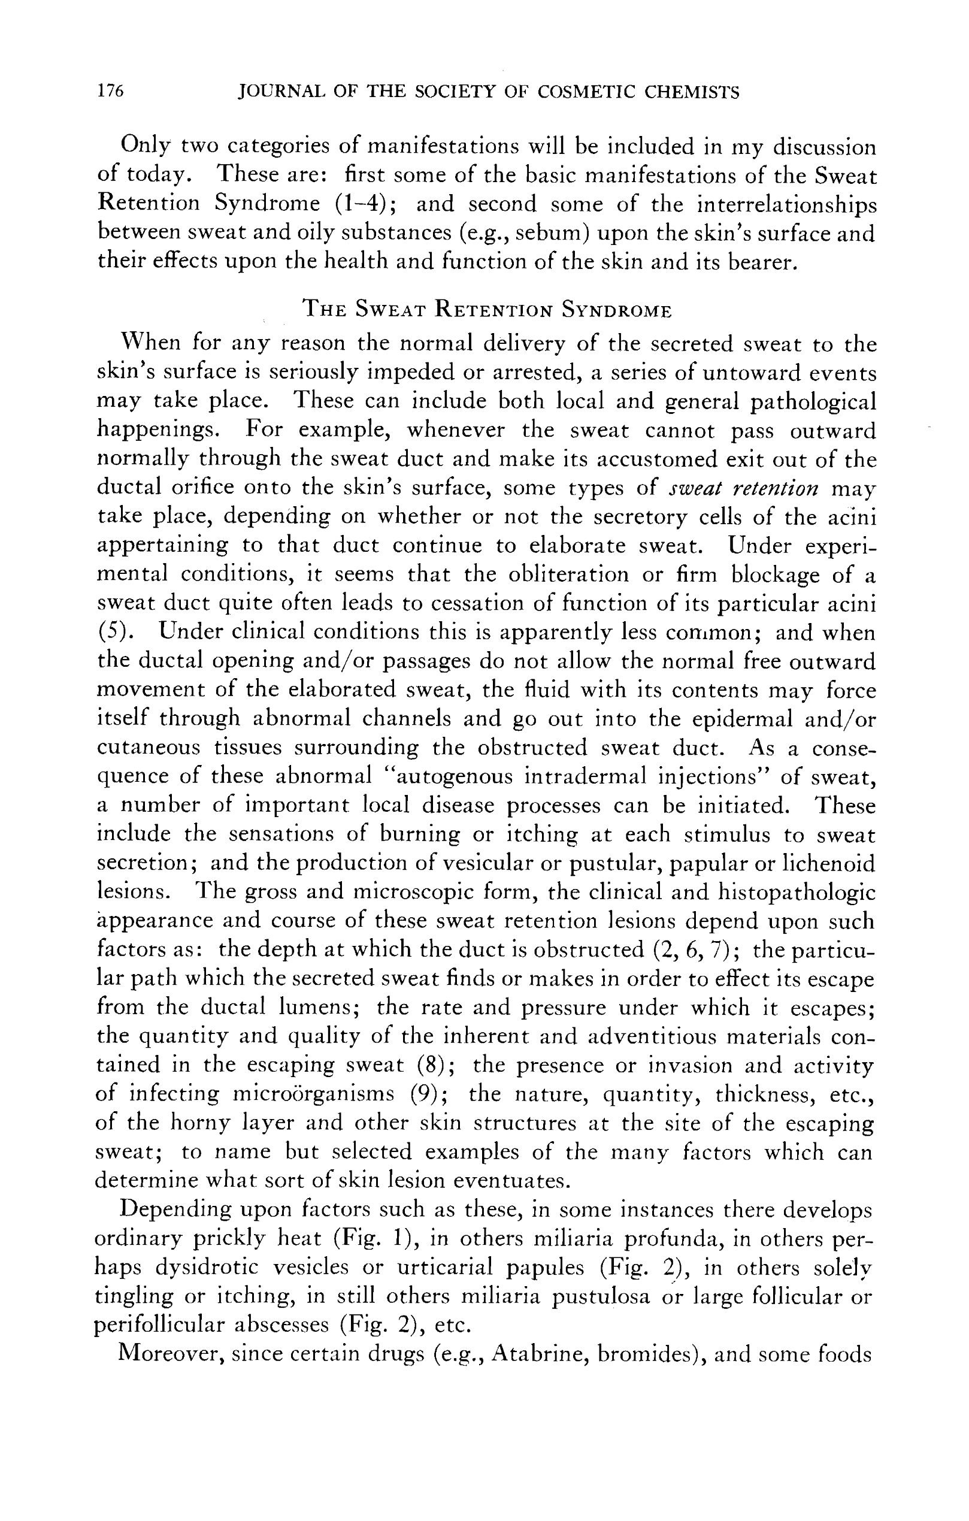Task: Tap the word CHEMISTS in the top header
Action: [x=692, y=93]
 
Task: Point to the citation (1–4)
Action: [x=363, y=204]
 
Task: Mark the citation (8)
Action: [x=434, y=1065]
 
